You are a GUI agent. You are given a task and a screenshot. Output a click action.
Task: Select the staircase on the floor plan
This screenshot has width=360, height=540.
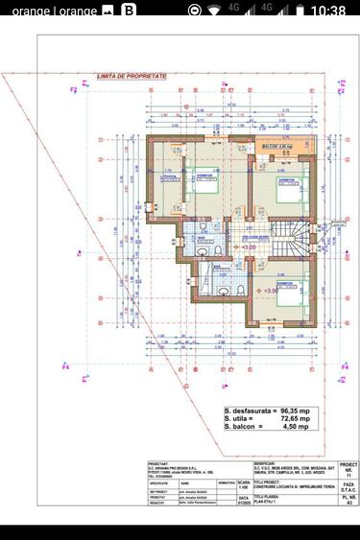(305, 242)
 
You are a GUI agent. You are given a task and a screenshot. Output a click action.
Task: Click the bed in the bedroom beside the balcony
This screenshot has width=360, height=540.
(285, 188)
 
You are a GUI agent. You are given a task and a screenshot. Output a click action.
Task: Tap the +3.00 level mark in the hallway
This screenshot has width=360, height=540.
(246, 247)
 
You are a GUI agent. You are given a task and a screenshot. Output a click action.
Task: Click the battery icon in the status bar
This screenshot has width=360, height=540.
(297, 11)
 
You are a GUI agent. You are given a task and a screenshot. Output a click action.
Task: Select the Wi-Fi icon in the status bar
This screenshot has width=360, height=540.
(220, 11)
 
